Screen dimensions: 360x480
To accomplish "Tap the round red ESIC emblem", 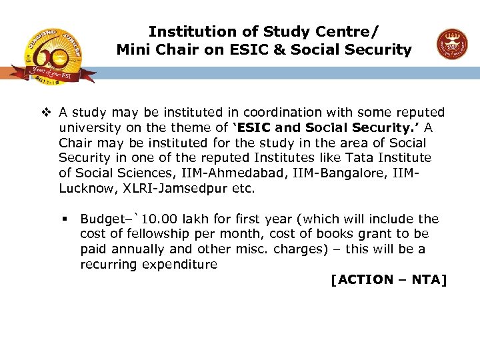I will (x=451, y=45).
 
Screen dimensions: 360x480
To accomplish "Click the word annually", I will (x=141, y=249).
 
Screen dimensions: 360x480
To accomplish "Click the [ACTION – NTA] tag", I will (x=389, y=280).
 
